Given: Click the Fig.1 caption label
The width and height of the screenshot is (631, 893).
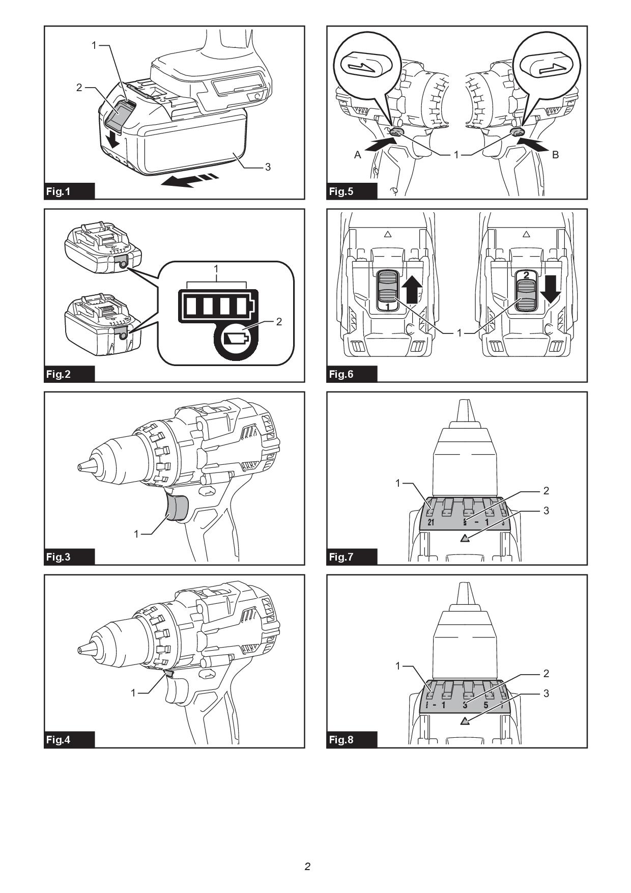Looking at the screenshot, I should click(59, 191).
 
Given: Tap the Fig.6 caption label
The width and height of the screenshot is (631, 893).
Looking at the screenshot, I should click(341, 374).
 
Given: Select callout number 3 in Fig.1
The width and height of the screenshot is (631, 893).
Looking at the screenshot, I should click(268, 166).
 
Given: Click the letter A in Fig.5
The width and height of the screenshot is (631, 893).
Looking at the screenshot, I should click(358, 155).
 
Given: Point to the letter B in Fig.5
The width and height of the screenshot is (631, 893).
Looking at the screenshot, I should click(555, 155).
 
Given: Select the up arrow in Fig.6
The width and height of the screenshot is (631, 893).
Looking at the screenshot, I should click(412, 288).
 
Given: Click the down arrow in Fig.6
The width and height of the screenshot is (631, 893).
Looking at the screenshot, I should click(550, 288).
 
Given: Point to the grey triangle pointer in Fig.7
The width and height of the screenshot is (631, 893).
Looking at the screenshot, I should click(465, 538).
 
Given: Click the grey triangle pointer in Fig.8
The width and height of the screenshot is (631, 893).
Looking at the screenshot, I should click(465, 720).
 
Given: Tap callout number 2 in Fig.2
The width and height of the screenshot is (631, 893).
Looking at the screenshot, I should click(279, 321).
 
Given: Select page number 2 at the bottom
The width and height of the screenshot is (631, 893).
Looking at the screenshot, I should click(307, 866).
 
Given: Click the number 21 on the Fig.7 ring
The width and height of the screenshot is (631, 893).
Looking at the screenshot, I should click(431, 522).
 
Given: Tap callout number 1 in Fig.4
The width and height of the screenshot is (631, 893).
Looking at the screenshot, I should click(133, 692).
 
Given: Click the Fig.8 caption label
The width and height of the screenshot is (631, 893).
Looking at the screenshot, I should click(341, 740).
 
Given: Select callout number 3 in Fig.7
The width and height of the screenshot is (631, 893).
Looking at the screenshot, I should click(546, 510).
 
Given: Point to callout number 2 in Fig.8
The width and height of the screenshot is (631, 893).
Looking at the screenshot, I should click(546, 673).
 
